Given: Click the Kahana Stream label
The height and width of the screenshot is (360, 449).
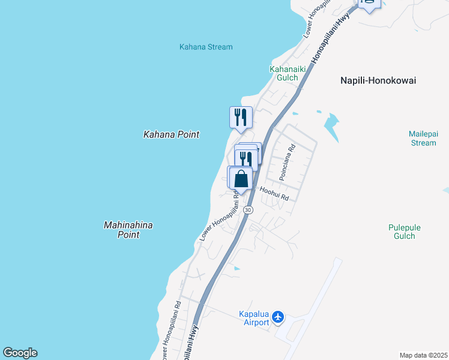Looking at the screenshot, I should click(x=206, y=47).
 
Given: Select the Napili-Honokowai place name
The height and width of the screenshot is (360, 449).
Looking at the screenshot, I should click(x=378, y=80).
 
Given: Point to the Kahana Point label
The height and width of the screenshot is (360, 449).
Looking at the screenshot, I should click(x=171, y=135).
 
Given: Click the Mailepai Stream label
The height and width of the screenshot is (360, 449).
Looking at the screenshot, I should click(x=422, y=138).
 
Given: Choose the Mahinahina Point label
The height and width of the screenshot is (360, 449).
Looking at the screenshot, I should click(x=128, y=230).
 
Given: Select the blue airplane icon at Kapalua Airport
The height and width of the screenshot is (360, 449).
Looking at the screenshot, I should click(x=278, y=316).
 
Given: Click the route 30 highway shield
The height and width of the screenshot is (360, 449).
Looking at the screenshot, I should click(x=249, y=209).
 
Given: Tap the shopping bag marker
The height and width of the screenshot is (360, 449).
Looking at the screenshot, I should click(x=241, y=178).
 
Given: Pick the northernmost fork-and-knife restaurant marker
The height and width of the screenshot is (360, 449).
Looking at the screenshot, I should click(x=241, y=116).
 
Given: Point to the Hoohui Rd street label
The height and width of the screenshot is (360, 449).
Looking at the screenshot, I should click(x=274, y=193).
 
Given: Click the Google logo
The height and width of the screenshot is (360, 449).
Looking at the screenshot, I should click(x=20, y=353).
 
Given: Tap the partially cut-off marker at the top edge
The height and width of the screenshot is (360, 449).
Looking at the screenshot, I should click(x=369, y=4).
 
